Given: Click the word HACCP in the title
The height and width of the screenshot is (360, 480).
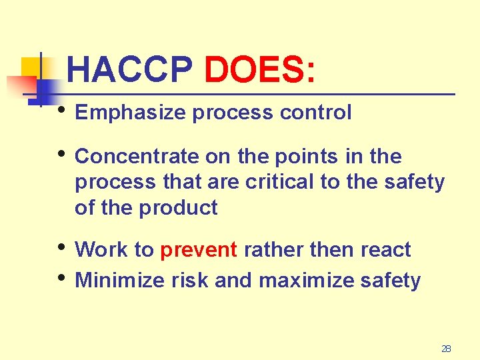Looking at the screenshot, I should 130,69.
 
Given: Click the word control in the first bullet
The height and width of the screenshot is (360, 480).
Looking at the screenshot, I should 315,113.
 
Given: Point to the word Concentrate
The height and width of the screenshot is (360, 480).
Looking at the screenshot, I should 137,157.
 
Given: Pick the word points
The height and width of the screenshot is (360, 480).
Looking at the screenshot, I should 307,157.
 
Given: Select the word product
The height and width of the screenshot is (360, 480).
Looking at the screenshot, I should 178,208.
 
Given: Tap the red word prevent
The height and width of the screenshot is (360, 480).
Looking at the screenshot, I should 199,251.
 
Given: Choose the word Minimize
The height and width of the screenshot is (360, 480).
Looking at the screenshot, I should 121,281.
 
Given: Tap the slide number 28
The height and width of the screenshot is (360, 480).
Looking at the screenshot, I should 446,349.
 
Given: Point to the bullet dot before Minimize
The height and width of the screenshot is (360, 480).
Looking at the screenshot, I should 62,277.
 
